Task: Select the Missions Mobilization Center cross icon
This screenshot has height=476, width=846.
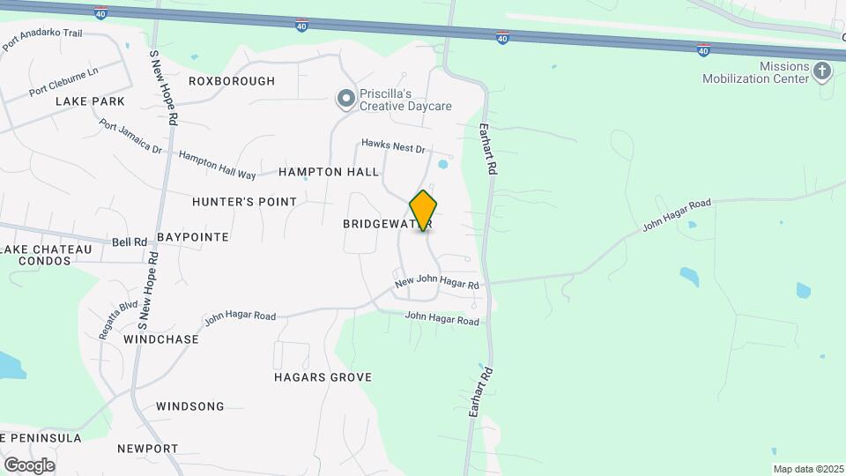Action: [x=822, y=71]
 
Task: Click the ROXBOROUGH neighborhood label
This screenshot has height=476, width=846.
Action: [x=232, y=81]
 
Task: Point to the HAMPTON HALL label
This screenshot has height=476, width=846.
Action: [x=329, y=172]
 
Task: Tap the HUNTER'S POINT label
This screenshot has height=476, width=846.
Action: [x=244, y=202]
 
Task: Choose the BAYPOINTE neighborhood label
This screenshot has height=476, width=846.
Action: [x=193, y=237]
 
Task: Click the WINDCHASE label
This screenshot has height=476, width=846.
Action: [x=158, y=338]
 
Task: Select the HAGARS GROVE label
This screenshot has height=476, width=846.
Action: [x=323, y=377]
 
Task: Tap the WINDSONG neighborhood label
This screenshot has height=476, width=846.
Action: [x=189, y=406]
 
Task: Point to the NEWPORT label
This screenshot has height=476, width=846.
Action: [x=147, y=449]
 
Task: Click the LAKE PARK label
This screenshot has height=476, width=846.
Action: [x=90, y=101]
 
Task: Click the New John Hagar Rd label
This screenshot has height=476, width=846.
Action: [x=437, y=284]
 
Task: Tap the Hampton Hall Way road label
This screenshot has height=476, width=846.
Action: [x=217, y=164]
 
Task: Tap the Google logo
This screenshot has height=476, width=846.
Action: [x=29, y=465]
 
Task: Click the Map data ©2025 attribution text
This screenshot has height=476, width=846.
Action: [x=806, y=469]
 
